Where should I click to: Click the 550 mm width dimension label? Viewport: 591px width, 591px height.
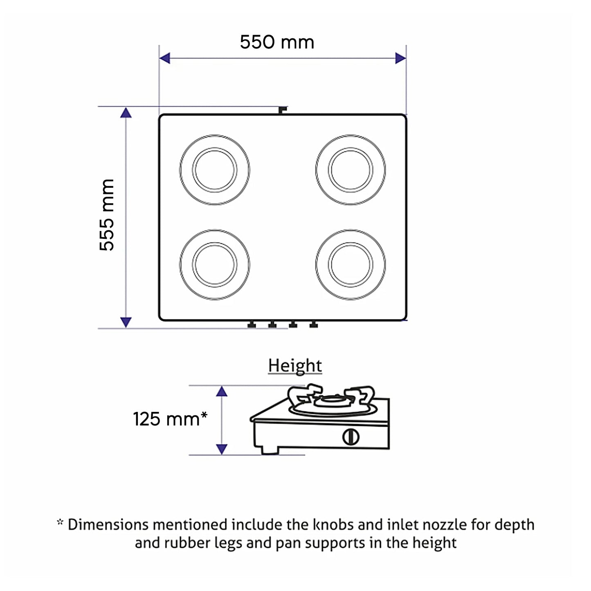277,42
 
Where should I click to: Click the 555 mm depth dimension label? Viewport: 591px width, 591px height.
107,215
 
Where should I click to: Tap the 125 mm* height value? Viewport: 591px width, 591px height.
170,419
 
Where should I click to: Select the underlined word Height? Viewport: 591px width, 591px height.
295,365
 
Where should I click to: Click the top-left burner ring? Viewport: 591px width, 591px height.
215,169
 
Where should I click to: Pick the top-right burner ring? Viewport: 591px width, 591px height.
351,169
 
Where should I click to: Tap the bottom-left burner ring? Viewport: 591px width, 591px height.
215,264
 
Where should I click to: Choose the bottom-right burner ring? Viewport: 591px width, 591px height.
351,264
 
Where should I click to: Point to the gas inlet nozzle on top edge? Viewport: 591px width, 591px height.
282,110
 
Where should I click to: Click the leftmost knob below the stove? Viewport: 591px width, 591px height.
252,325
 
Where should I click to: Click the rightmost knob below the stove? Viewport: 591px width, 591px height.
313,325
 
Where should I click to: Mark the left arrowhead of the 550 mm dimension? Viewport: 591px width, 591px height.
165,58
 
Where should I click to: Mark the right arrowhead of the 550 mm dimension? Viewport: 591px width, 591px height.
400,58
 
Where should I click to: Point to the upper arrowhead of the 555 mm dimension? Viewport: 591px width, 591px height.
126,112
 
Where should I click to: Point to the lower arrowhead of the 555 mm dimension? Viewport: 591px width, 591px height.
126,322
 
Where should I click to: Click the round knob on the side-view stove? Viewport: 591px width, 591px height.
351,437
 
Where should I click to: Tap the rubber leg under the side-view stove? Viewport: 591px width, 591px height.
270,450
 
